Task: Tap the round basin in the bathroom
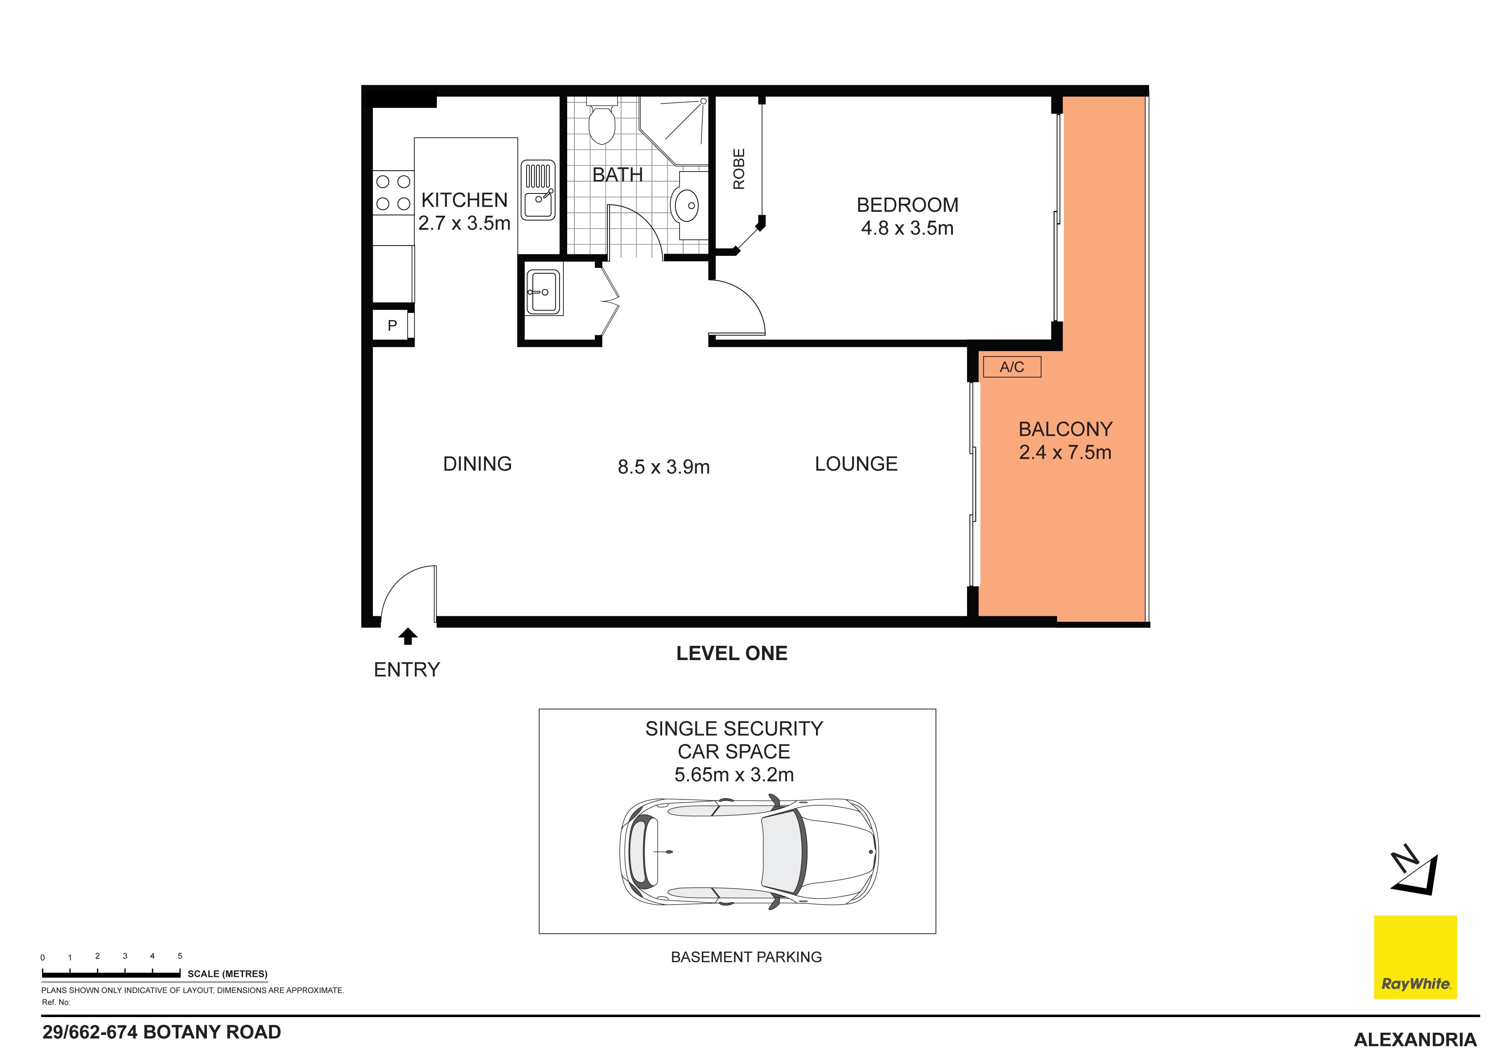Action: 687,205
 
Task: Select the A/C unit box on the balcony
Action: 1011,367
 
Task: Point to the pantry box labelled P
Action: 392,325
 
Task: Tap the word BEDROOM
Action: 907,205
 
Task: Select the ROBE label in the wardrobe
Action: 739,169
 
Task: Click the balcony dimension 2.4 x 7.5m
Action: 1065,452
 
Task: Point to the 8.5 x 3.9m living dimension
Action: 663,467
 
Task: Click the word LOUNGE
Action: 856,464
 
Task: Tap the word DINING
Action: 477,464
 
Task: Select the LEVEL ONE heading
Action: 732,653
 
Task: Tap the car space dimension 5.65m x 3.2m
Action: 733,775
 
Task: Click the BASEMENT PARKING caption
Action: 746,957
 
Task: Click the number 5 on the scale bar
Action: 180,956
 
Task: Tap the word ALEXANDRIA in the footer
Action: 1415,1039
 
